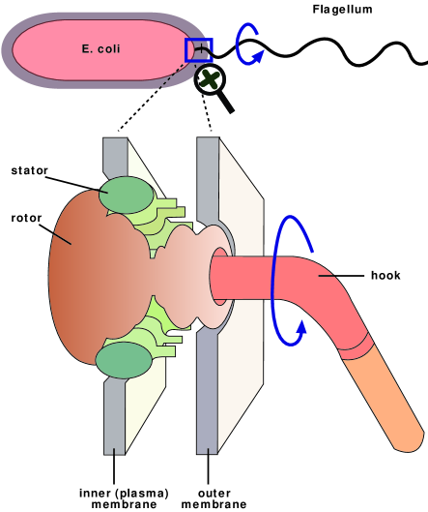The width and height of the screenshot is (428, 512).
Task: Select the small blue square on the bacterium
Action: pos(199,49)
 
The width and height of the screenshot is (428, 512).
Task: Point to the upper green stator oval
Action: pos(126,194)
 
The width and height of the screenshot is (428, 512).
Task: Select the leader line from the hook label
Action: pos(343,274)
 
